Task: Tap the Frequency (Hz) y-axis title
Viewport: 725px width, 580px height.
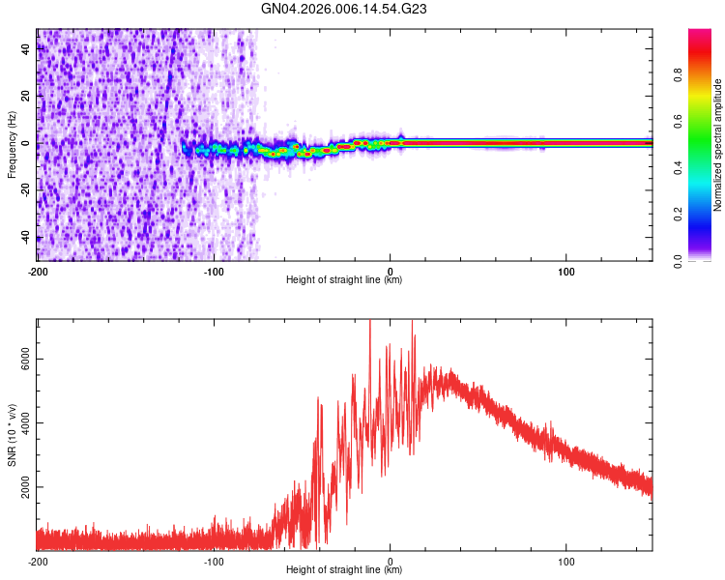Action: coord(12,144)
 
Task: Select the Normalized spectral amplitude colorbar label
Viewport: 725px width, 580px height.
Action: coord(718,145)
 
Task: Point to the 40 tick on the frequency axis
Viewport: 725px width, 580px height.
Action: coord(27,50)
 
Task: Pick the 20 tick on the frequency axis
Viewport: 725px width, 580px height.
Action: coord(27,97)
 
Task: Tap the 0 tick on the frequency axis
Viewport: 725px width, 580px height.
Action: coord(27,144)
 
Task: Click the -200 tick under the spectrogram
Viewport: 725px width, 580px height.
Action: coord(38,270)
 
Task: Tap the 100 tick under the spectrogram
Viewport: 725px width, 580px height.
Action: coord(566,270)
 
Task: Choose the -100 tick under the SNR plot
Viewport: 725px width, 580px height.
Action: coord(215,560)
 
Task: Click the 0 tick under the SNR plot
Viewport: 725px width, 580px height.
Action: coord(391,560)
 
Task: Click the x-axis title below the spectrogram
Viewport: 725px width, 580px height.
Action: coord(344,280)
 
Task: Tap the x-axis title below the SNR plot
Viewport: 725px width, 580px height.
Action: coord(344,570)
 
